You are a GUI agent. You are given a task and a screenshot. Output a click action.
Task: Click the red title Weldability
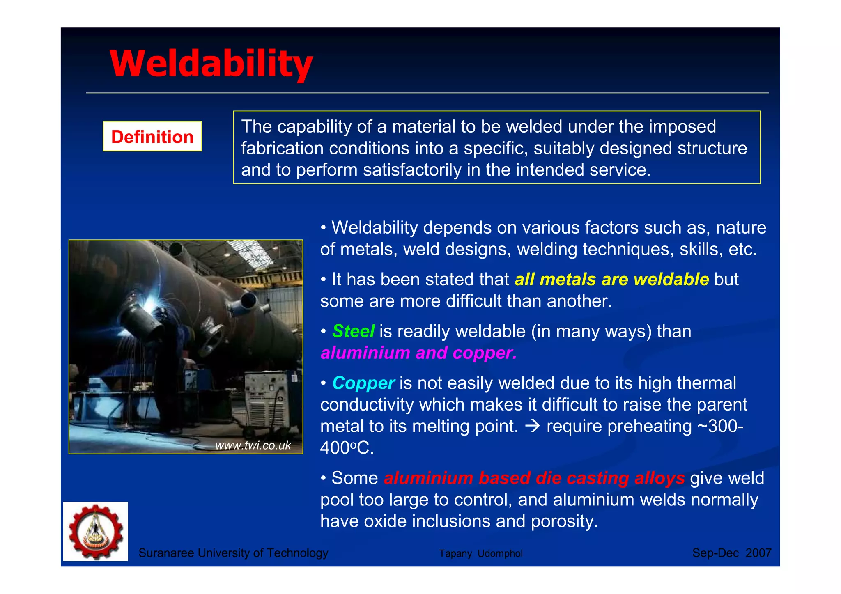pyautogui.click(x=211, y=64)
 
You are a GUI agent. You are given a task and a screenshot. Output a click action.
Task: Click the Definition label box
pyautogui.click(x=152, y=137)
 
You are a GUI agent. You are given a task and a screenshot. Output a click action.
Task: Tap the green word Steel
pyautogui.click(x=353, y=331)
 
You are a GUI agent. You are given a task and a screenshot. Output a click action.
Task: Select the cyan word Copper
pyautogui.click(x=363, y=383)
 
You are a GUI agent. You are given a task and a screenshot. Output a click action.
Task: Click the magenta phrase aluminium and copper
pyautogui.click(x=418, y=353)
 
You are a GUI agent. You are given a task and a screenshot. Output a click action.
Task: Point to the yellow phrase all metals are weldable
pyautogui.click(x=611, y=280)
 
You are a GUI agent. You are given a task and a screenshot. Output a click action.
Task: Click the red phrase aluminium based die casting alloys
pyautogui.click(x=534, y=478)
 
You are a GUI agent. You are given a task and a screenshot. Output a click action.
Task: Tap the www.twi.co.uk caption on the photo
pyautogui.click(x=253, y=445)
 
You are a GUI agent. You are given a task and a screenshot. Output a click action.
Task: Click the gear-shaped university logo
pyautogui.click(x=96, y=531)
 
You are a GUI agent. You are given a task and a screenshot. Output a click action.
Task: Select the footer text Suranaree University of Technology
pyautogui.click(x=233, y=553)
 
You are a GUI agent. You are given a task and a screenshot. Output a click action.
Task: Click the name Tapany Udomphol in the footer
pyautogui.click(x=480, y=553)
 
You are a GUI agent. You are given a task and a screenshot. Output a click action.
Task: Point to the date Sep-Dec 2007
pyautogui.click(x=731, y=553)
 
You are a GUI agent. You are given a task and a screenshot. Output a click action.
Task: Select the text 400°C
pyautogui.click(x=347, y=448)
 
